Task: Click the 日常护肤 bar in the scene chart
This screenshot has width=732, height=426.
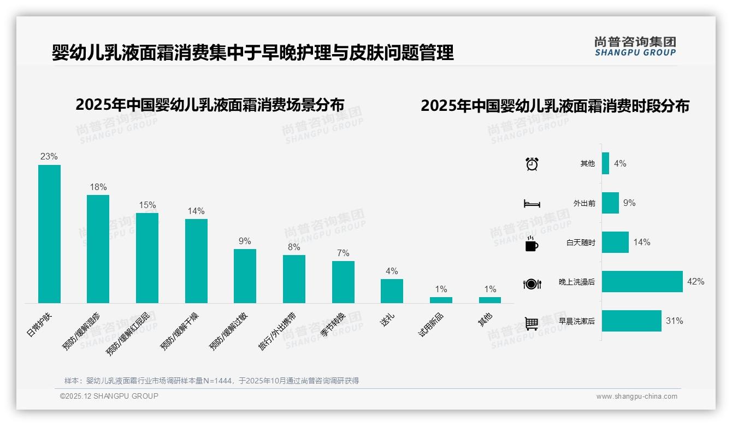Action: coord(49,234)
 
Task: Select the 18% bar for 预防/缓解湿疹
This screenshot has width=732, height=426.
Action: coord(98,248)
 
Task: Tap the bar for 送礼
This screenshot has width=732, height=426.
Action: coord(392,291)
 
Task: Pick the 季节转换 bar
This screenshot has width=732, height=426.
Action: coord(343,282)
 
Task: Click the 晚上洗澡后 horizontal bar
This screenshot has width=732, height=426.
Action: coord(642,281)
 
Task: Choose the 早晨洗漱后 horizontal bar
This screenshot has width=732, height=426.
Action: coord(631,321)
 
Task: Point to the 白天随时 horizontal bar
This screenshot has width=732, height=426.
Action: coord(615,242)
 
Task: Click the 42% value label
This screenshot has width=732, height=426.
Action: coord(696,282)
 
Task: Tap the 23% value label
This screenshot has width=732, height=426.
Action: coord(49,157)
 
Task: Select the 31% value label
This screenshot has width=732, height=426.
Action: coord(675,321)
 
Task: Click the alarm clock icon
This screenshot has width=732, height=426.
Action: coord(532,164)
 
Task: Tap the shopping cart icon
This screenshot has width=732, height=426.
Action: coord(532,323)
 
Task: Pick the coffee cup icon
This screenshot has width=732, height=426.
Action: coord(532,244)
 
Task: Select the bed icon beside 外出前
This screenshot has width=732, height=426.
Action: coord(532,204)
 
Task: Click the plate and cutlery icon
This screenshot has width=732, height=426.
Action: coord(532,283)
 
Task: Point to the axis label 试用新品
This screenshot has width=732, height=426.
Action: coord(431,324)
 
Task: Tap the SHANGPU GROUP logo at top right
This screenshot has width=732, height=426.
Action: coord(635,46)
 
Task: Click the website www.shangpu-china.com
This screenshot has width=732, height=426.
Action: coord(636,397)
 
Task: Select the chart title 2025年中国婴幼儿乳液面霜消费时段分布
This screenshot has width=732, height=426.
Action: coord(554,105)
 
